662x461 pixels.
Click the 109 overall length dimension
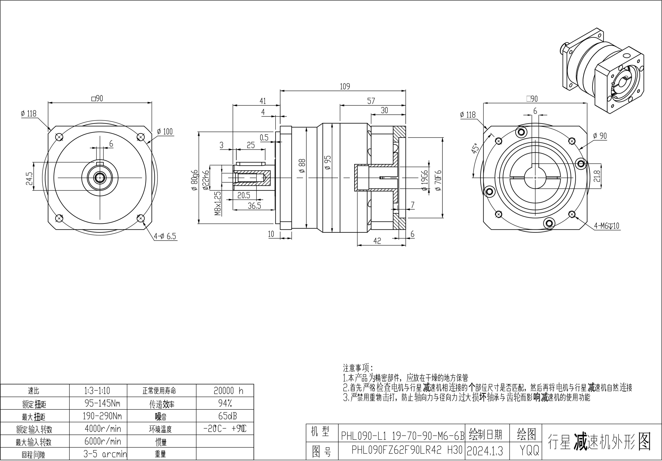[x=345, y=86]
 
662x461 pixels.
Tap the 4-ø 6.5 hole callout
[x=165, y=236]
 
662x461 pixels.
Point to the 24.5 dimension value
[x=29, y=179]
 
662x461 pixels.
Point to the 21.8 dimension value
[x=597, y=176]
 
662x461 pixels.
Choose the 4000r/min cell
[x=103, y=429]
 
